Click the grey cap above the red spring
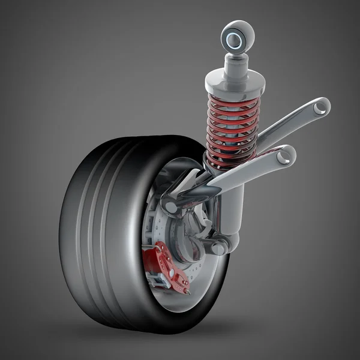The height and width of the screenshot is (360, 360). pos(235,82)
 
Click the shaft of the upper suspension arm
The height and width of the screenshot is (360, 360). pos(288,123)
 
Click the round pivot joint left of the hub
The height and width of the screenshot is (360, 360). pos(171,207)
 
